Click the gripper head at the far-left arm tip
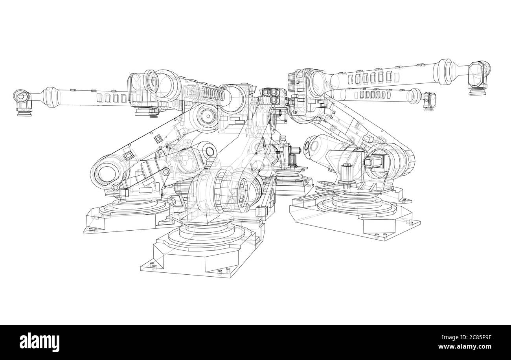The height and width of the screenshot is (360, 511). click(23, 103)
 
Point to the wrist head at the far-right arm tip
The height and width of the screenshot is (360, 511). click(478, 77)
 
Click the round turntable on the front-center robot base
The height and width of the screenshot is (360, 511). click(206, 235)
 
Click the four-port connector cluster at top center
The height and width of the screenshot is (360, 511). click(271, 96)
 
